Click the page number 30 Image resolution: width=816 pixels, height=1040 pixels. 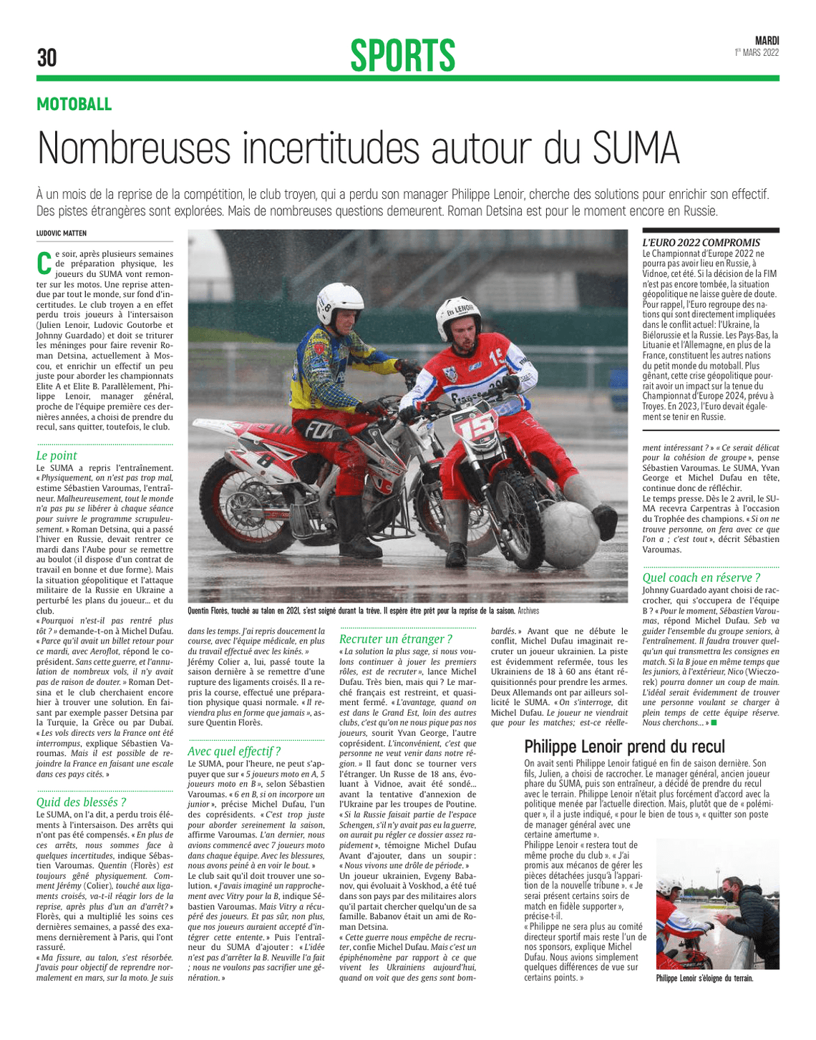[x=47, y=57]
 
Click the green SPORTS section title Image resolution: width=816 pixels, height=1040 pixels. [x=402, y=56]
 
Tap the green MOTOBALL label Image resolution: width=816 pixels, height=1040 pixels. [x=74, y=105]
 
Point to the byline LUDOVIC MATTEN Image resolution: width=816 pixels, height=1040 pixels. [x=62, y=233]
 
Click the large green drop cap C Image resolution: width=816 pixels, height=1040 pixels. [x=44, y=263]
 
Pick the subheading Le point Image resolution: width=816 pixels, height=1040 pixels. [x=57, y=455]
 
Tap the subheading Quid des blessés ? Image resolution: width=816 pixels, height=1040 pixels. [x=81, y=802]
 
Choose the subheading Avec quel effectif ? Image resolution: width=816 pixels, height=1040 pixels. [x=233, y=751]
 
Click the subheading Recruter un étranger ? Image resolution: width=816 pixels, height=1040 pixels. [x=395, y=638]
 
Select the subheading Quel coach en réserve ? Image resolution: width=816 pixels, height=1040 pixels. [x=701, y=577]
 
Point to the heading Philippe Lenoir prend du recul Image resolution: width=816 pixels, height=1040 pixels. [x=624, y=747]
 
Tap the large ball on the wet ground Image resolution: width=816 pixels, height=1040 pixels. [x=570, y=533]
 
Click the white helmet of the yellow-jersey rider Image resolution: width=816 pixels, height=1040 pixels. [x=341, y=303]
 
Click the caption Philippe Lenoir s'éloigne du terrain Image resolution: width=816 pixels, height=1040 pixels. [x=704, y=978]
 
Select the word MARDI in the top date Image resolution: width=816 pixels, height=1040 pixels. [x=767, y=41]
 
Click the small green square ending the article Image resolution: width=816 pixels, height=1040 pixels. [x=714, y=723]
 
